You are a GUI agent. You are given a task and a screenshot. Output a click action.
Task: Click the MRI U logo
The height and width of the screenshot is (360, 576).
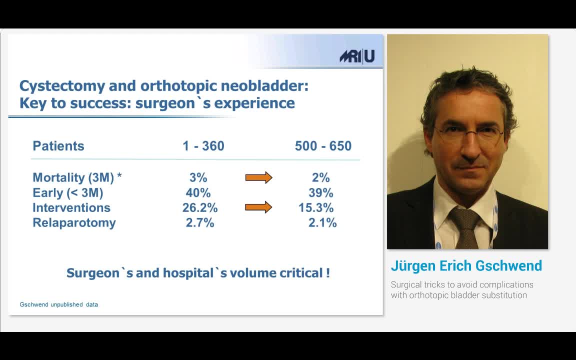357,56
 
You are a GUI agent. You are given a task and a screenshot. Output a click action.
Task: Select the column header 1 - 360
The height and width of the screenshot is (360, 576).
203,146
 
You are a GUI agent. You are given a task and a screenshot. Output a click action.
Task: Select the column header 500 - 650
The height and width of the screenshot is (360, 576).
323,146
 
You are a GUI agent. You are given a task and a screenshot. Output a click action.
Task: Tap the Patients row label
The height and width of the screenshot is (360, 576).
58,146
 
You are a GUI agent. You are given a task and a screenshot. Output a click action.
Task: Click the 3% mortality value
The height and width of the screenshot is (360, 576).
198,177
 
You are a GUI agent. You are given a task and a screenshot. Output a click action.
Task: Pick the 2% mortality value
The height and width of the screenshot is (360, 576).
320,177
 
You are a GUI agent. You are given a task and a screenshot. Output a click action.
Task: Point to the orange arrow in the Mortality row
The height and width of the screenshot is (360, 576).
258,177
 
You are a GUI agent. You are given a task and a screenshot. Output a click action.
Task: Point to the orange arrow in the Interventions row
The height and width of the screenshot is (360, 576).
258,207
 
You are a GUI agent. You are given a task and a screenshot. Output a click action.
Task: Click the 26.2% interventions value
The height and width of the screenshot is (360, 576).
199,207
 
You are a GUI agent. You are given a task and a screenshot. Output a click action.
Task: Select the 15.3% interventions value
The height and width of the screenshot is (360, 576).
316,207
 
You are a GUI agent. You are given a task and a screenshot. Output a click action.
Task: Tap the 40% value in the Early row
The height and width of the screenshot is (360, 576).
198,192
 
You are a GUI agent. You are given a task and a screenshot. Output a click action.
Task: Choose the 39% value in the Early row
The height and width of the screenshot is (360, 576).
320,192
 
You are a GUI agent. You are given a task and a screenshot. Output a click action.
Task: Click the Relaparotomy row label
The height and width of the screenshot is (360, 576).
74,222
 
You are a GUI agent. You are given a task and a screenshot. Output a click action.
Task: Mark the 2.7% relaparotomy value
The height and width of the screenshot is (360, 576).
199,222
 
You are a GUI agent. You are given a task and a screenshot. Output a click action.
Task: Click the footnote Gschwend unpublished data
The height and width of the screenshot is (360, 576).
58,304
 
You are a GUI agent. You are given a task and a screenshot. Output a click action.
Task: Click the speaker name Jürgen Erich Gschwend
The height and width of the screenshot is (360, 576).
466,265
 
